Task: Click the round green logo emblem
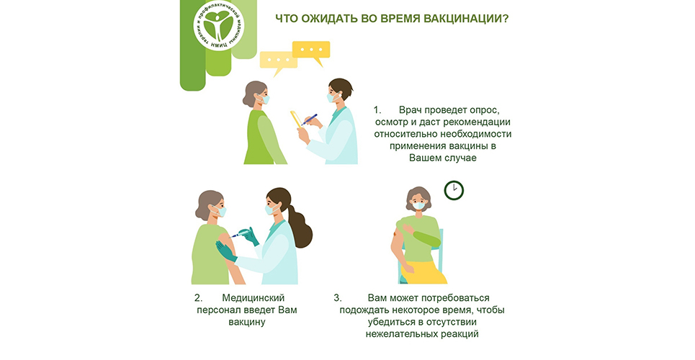218,25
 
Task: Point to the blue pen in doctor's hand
310,120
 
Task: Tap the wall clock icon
454,191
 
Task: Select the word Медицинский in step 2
253,298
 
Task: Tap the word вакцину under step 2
247,323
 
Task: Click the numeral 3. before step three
338,298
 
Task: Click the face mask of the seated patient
418,205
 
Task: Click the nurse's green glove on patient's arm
226,251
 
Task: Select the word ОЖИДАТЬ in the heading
324,19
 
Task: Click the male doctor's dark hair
341,87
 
